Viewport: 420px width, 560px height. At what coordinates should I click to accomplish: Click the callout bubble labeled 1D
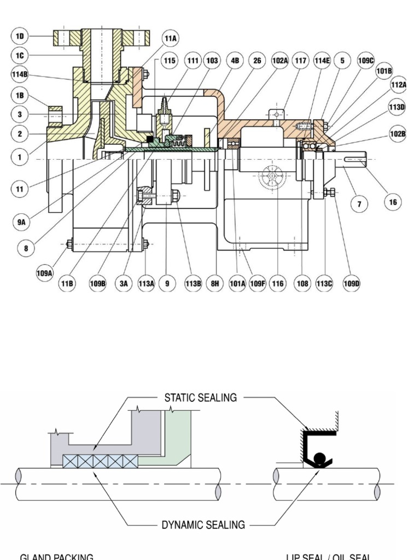[20, 37]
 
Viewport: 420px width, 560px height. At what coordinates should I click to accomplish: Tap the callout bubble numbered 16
[393, 202]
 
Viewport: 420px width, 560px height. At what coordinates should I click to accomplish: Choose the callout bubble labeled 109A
[44, 272]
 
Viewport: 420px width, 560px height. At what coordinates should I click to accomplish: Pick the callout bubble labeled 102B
[398, 134]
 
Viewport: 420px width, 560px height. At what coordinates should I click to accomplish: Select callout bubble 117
[300, 61]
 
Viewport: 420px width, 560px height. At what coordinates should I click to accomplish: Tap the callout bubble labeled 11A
[171, 38]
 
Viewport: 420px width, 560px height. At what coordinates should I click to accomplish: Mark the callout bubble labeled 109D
[351, 284]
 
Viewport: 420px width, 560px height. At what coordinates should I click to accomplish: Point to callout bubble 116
[278, 284]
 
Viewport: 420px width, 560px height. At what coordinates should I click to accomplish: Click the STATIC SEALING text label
[201, 398]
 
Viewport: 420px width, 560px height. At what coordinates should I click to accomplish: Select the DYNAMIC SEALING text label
[203, 525]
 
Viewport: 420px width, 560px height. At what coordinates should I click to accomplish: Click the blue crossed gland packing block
[100, 462]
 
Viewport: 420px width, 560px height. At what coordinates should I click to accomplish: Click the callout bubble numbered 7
[359, 205]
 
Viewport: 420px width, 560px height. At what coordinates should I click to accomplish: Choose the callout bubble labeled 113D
[398, 108]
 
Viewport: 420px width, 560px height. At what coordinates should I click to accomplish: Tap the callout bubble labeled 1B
[20, 95]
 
